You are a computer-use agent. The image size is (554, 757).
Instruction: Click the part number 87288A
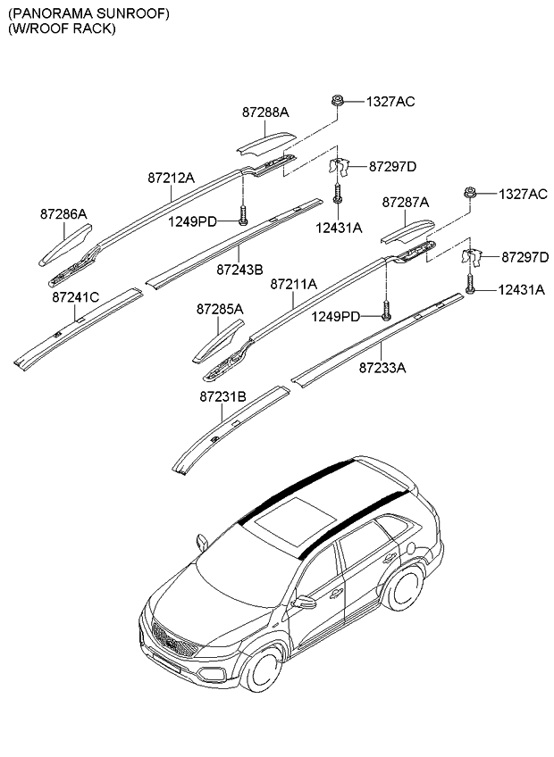tap(265, 112)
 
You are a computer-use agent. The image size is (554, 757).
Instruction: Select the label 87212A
tap(171, 178)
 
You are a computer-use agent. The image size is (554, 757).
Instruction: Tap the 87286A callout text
tap(63, 214)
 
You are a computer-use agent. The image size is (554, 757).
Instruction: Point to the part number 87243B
tap(239, 269)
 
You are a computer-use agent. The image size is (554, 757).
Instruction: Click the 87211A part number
tap(294, 284)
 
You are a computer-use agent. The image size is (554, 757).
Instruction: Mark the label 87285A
tap(220, 309)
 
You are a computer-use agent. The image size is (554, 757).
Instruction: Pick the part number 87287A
tap(406, 203)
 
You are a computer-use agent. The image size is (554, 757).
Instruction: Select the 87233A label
tap(382, 366)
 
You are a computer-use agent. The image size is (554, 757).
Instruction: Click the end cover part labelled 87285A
tap(218, 343)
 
